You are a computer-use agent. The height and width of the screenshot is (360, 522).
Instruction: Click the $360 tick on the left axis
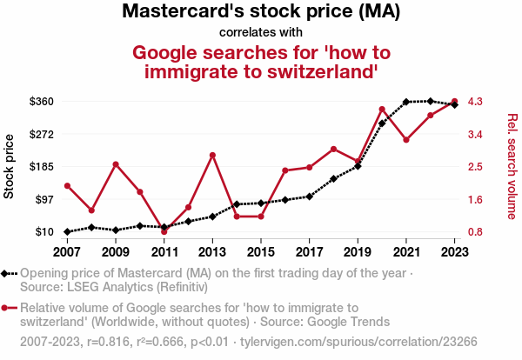pyautogui.click(x=42, y=102)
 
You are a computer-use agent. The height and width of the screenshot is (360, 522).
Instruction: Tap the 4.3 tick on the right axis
pyautogui.click(x=476, y=102)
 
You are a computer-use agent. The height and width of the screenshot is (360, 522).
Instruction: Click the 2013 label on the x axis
pyautogui.click(x=212, y=251)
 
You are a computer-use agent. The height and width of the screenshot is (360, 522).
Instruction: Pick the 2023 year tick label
pyautogui.click(x=455, y=251)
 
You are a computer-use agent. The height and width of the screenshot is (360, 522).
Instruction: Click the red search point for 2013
pyautogui.click(x=212, y=155)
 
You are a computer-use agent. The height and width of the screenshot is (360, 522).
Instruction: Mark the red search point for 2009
pyautogui.click(x=116, y=163)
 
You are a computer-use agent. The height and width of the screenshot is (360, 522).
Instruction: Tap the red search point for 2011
pyautogui.click(x=164, y=231)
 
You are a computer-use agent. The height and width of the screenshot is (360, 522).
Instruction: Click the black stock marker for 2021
pyautogui.click(x=406, y=102)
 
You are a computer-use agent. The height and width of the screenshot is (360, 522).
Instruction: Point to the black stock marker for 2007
pyautogui.click(x=67, y=231)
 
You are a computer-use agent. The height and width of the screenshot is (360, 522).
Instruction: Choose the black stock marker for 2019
pyautogui.click(x=358, y=166)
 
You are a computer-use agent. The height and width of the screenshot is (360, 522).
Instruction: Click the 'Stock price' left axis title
pyautogui.click(x=10, y=166)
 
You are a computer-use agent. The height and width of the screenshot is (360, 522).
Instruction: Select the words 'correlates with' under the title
pyautogui.click(x=260, y=32)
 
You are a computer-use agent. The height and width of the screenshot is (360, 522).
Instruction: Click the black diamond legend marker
pyautogui.click(x=7, y=273)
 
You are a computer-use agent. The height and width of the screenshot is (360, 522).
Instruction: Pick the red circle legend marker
pyautogui.click(x=7, y=307)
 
